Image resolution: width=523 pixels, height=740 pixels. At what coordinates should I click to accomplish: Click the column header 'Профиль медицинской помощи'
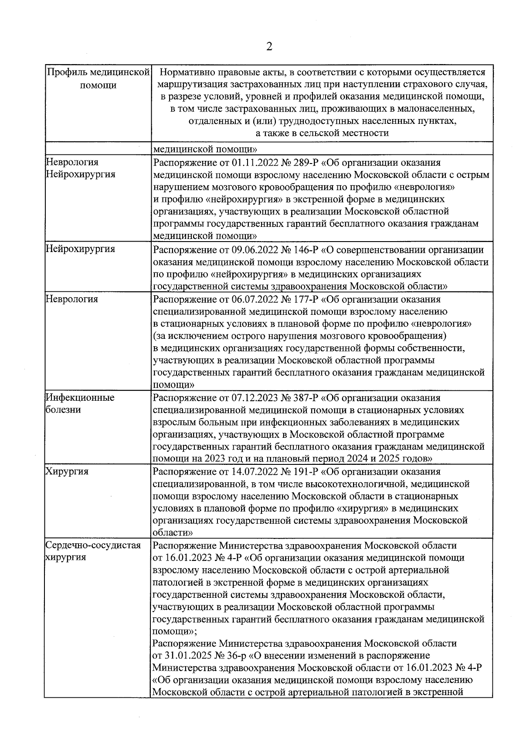click(98, 78)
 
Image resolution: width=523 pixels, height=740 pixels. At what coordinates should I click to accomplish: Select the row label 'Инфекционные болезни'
click(80, 404)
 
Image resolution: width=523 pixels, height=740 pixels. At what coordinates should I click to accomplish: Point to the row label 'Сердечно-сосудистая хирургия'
click(93, 551)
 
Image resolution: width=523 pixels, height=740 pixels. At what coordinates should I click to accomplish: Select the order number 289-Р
click(306, 163)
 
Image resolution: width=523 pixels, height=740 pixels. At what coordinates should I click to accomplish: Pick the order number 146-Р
click(306, 250)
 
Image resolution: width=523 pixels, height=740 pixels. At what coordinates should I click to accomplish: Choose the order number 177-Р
click(306, 299)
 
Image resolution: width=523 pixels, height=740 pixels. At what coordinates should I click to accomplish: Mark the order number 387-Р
click(306, 398)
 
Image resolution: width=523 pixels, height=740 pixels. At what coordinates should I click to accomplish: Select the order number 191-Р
click(306, 471)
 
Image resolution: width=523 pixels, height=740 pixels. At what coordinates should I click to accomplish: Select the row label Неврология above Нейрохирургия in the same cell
click(72, 162)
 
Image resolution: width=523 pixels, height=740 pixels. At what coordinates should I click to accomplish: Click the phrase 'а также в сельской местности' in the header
click(322, 133)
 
